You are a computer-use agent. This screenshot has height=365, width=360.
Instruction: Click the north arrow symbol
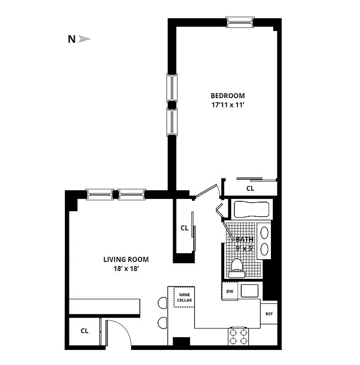click(x=85, y=39)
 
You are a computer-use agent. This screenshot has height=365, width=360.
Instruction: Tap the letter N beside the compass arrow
click(x=72, y=39)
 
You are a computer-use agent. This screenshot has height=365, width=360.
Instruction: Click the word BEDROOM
click(x=228, y=96)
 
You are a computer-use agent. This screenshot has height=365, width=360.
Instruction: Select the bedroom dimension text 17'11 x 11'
click(x=228, y=104)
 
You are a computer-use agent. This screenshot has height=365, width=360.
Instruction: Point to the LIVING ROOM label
click(x=126, y=260)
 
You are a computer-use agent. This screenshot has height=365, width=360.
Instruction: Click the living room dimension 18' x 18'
click(x=126, y=269)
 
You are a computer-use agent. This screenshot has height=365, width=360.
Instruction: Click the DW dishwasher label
click(x=230, y=291)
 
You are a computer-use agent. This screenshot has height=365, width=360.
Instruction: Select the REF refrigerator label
click(x=269, y=314)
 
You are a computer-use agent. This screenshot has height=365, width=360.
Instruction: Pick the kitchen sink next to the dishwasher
click(x=249, y=291)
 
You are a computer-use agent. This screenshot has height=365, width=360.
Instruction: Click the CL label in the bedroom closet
click(x=250, y=188)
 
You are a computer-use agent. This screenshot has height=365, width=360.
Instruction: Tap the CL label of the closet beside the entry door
click(x=85, y=331)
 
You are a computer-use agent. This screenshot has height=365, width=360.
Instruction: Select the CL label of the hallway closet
click(x=184, y=228)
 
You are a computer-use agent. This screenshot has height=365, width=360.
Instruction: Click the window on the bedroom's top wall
click(x=240, y=22)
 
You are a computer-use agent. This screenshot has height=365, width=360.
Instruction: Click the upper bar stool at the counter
click(x=163, y=302)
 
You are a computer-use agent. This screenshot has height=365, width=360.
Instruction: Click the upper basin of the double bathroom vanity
click(x=264, y=232)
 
